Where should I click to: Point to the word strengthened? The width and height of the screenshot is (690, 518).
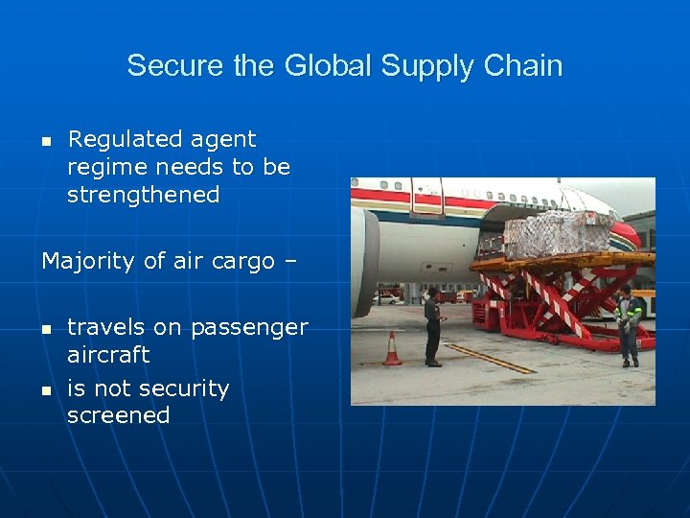(x=143, y=196)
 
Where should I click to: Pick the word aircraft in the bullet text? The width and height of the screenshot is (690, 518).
(x=108, y=355)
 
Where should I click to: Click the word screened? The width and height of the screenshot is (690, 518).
(x=118, y=416)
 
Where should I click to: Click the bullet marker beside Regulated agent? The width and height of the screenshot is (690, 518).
(x=45, y=141)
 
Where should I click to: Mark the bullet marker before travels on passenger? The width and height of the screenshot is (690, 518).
(x=45, y=329)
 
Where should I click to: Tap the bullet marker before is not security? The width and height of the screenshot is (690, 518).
(x=45, y=390)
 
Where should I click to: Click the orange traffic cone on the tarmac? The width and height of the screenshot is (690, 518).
(x=392, y=349)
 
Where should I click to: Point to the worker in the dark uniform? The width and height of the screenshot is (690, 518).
(x=432, y=326)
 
